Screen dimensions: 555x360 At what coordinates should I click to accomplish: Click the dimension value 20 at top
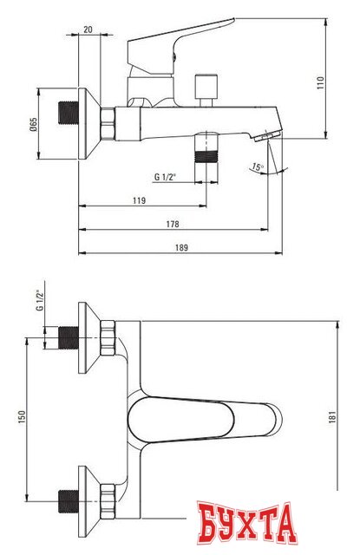[88, 29]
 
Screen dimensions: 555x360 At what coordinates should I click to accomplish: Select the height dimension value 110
[319, 84]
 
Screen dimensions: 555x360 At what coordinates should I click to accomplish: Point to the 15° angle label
[258, 166]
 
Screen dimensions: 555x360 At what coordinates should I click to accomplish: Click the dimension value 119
[138, 200]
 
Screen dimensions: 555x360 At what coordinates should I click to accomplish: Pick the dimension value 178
[173, 224]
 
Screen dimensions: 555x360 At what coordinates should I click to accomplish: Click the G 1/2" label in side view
[166, 177]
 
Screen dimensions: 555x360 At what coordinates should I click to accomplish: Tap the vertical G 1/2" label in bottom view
[40, 303]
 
